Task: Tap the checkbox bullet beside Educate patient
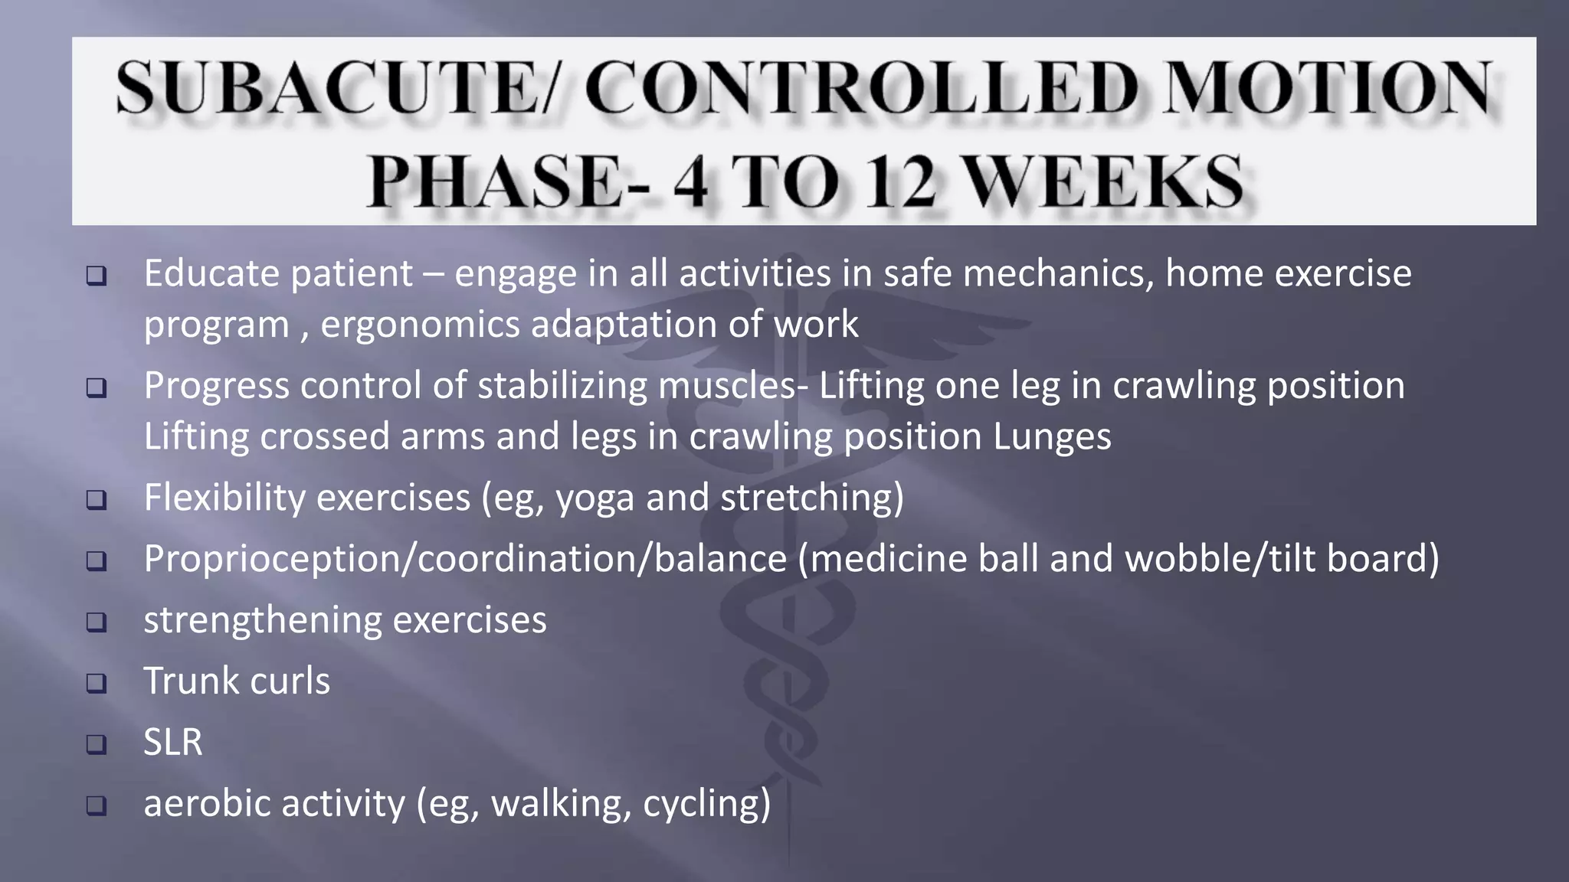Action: (97, 276)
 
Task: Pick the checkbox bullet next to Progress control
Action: (97, 387)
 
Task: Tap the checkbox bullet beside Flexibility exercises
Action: (97, 500)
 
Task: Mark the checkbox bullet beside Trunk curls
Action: (97, 683)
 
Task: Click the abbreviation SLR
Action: (173, 742)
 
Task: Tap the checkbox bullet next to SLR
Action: (97, 743)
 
